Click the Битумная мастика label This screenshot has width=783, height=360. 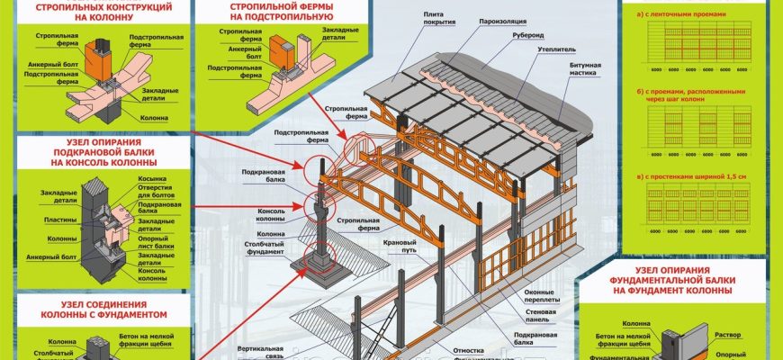(x=584, y=71)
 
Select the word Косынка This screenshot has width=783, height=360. (x=150, y=179)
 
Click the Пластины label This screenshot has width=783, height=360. (x=59, y=219)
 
